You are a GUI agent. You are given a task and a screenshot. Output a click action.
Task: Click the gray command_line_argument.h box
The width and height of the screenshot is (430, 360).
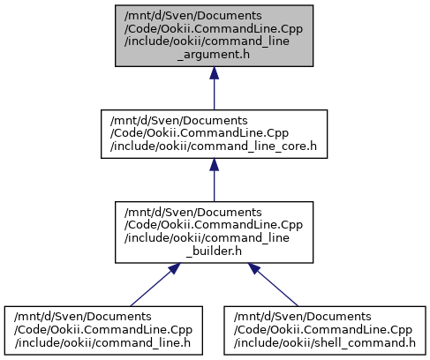[214, 35]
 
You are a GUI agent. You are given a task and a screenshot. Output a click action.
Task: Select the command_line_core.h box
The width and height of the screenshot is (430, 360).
[214, 134]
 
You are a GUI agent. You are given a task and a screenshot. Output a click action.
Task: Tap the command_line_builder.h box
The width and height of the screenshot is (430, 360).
[214, 232]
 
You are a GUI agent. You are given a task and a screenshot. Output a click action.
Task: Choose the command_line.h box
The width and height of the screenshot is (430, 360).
[103, 330]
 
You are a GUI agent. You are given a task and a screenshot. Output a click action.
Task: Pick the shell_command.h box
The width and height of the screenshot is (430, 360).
[325, 330]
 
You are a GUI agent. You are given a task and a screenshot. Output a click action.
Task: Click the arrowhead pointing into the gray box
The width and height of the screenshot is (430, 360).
[214, 72]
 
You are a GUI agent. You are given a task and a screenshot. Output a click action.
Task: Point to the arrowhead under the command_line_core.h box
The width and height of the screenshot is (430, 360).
[214, 165]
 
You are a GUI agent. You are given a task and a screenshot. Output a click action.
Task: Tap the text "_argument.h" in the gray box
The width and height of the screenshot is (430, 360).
[214, 55]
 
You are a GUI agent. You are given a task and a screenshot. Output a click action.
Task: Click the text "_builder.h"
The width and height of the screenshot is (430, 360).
[214, 251]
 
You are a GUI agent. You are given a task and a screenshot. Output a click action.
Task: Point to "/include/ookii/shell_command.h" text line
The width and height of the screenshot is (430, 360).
[325, 343]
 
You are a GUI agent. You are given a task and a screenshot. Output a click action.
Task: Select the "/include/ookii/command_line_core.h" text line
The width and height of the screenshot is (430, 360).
[214, 146]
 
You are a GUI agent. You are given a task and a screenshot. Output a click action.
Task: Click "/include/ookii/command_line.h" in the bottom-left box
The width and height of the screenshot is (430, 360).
[102, 343]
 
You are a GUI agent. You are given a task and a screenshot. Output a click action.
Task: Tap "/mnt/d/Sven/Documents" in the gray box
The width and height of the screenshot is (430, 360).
[193, 15]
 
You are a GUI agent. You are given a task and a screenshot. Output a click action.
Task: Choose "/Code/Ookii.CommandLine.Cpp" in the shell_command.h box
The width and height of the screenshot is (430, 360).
[323, 330]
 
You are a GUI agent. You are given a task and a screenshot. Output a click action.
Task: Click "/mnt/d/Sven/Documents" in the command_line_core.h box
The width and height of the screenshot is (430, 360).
[179, 120]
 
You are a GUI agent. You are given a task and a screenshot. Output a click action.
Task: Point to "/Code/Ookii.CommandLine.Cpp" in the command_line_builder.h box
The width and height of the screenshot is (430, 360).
[214, 225]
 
